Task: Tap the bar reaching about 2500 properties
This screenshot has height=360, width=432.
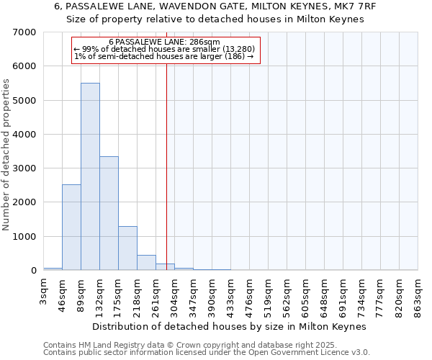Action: pyautogui.click(x=71, y=228)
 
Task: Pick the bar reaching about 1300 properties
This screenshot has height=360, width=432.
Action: pyautogui.click(x=127, y=248)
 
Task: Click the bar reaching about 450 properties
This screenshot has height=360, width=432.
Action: pyautogui.click(x=146, y=263)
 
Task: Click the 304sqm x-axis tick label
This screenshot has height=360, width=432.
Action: pyautogui.click(x=174, y=297)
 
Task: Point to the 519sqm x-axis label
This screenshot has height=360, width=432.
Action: pyautogui.click(x=268, y=297)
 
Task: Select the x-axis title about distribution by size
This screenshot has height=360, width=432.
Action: pyautogui.click(x=230, y=326)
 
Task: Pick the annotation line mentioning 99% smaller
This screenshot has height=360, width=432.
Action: pyautogui.click(x=164, y=50)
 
